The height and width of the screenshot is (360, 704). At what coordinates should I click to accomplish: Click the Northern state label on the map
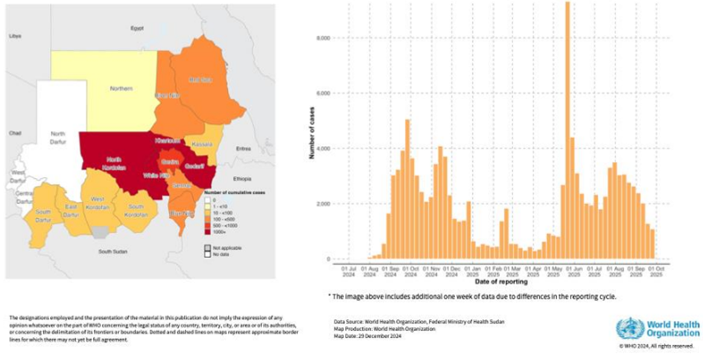[x=121, y=88]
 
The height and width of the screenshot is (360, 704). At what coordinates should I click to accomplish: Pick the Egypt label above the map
[x=136, y=28]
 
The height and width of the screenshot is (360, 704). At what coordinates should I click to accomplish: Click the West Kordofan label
[x=97, y=202]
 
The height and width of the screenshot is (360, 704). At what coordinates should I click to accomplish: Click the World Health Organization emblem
[x=630, y=329]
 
